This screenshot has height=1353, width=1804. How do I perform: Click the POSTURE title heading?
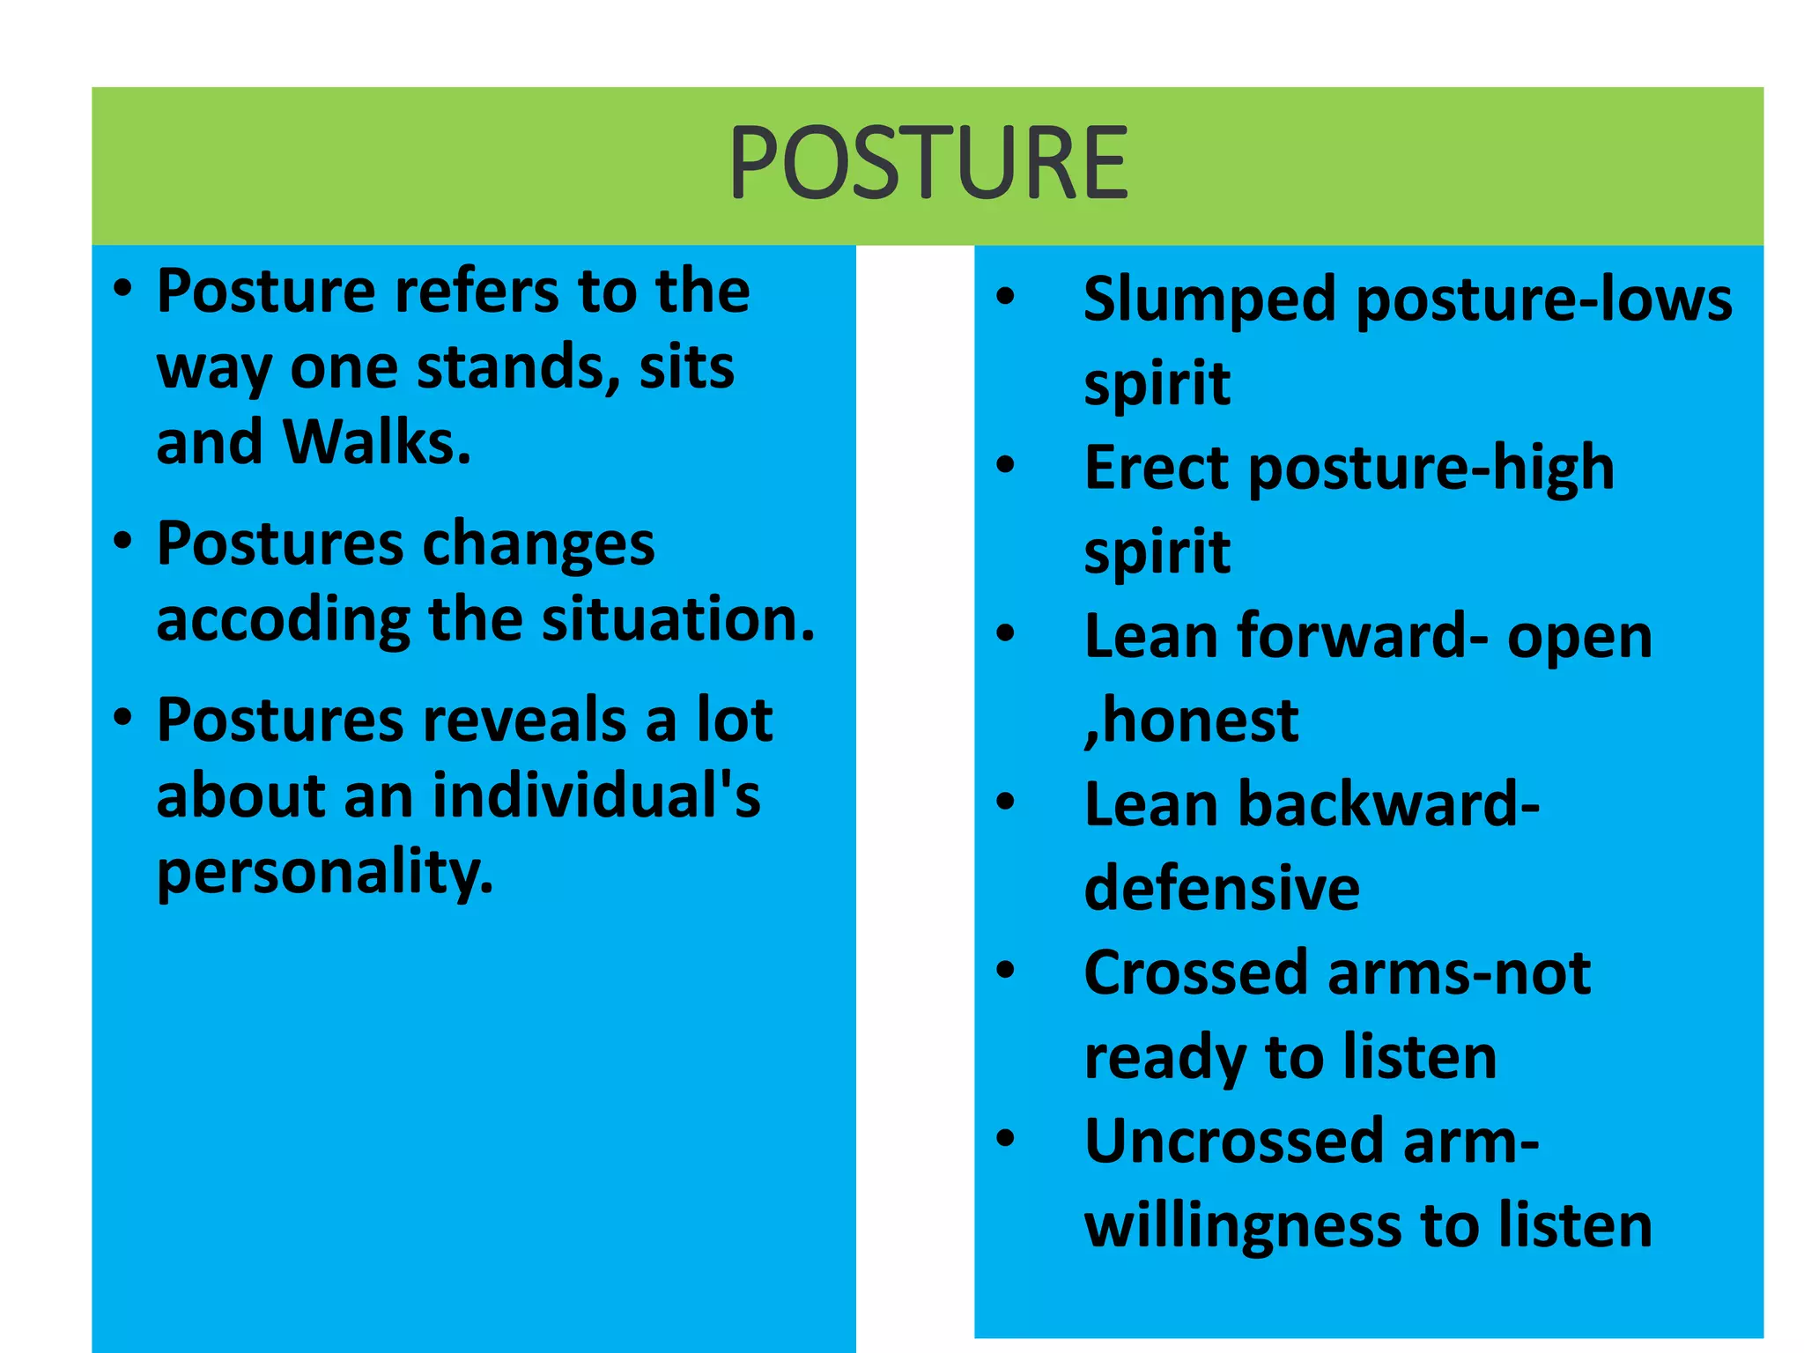928,164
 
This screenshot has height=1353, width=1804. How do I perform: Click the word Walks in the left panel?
376,441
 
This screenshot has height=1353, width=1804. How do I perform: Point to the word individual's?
596,796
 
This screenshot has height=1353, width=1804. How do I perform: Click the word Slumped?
1209,300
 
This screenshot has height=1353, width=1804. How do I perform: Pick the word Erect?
1157,467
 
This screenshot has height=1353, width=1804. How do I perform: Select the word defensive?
1222,888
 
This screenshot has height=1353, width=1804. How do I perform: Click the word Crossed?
1196,972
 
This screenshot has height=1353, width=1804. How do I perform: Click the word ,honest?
1191,721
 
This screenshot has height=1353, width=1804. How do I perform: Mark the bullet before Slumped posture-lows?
1005,297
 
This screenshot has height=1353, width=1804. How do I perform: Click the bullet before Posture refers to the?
123,288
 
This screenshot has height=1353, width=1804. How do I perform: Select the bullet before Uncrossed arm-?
1005,1139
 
